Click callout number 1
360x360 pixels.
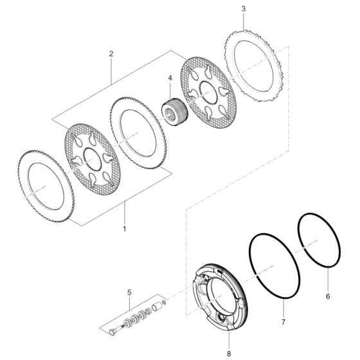tap(124, 228)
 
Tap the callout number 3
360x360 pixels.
tap(243, 9)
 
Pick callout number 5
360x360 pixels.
tap(129, 292)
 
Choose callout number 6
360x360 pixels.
tap(327, 298)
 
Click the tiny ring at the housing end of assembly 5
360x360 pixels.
tap(165, 302)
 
